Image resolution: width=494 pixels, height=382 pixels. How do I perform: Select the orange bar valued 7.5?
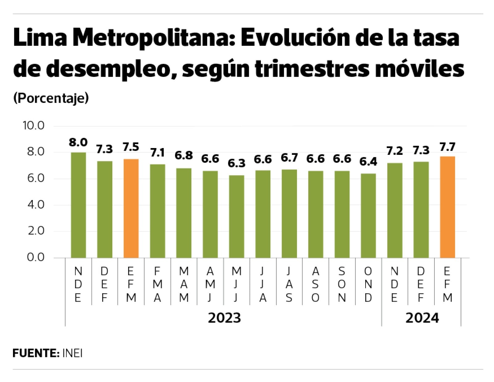131,208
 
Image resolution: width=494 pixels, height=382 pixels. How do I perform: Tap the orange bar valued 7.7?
447,207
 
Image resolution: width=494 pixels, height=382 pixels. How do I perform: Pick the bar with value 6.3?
237,216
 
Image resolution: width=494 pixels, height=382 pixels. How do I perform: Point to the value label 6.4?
368,162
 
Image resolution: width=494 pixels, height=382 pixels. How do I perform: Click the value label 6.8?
184,155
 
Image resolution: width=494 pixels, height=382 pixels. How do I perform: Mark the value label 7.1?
157,153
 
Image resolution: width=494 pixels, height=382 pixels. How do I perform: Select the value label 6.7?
289,158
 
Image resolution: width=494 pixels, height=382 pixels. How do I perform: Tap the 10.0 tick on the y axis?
33,125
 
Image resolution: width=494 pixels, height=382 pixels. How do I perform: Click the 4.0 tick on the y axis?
36,205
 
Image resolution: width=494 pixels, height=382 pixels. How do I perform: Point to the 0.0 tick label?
36,257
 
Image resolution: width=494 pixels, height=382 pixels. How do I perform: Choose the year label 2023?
224,318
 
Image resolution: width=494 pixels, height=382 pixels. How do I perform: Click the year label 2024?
422,318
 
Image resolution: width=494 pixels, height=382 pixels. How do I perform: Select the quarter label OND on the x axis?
368,284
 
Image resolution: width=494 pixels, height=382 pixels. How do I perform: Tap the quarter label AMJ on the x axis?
210,284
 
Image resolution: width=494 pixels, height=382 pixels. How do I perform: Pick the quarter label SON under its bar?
342,284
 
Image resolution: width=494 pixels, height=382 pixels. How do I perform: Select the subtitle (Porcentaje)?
51,98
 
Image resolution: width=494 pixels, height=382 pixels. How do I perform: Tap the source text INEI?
72,353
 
